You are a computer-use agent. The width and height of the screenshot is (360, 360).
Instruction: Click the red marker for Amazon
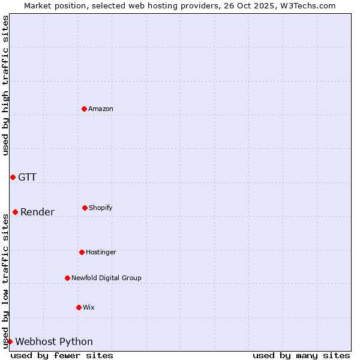click(x=85, y=109)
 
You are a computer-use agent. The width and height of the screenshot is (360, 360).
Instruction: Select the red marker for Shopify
click(x=85, y=208)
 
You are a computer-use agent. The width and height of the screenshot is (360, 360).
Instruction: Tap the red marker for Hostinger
click(x=82, y=252)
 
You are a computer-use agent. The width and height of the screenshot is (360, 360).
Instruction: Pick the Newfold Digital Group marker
click(x=67, y=278)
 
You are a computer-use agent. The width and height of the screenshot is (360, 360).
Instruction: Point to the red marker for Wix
click(x=79, y=307)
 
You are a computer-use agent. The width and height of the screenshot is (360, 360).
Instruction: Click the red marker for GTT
click(x=13, y=177)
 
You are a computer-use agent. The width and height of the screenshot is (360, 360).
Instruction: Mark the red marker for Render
click(x=15, y=212)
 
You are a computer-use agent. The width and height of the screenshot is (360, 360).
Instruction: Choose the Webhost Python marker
click(x=10, y=341)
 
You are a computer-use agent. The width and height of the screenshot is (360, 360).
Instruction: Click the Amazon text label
click(x=101, y=109)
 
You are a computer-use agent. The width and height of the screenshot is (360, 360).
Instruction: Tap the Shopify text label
click(x=101, y=208)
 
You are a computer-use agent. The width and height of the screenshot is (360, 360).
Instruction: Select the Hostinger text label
click(x=101, y=252)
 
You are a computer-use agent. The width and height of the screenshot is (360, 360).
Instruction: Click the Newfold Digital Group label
click(x=106, y=278)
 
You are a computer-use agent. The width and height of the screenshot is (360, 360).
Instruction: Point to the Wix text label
click(x=89, y=307)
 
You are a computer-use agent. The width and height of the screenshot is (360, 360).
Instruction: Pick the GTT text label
click(x=27, y=177)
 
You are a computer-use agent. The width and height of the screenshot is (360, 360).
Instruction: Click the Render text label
click(x=37, y=212)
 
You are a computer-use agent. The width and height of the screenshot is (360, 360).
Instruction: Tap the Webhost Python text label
click(x=54, y=341)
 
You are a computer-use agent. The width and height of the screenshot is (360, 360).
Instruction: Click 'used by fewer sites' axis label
click(x=62, y=355)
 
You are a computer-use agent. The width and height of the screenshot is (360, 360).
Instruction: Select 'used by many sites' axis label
click(x=301, y=355)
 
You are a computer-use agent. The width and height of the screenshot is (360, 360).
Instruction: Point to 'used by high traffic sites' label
click(x=5, y=85)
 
